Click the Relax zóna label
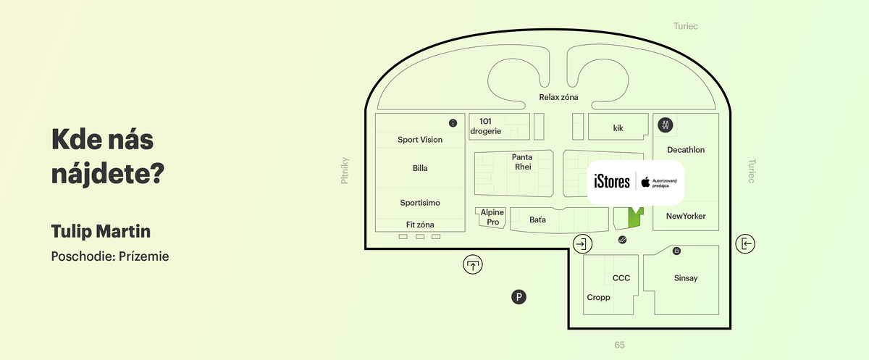pos(558,97)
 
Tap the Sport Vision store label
pos(420,140)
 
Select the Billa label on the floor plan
pos(420,168)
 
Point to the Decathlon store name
pos(686,150)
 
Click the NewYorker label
pos(686,216)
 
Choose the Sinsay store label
pos(686,278)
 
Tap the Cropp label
pos(598,298)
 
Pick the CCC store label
pos(621,278)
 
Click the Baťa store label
pos(537,220)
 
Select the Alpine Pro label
pos(492,217)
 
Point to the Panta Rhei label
pos(522,162)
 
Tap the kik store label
pos(618,128)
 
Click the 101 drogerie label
pos(485,127)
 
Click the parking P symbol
pos(519,297)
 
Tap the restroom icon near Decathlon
pos(666,125)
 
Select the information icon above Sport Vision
pos(453,123)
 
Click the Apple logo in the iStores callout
pos(645,182)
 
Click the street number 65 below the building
pos(620,345)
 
